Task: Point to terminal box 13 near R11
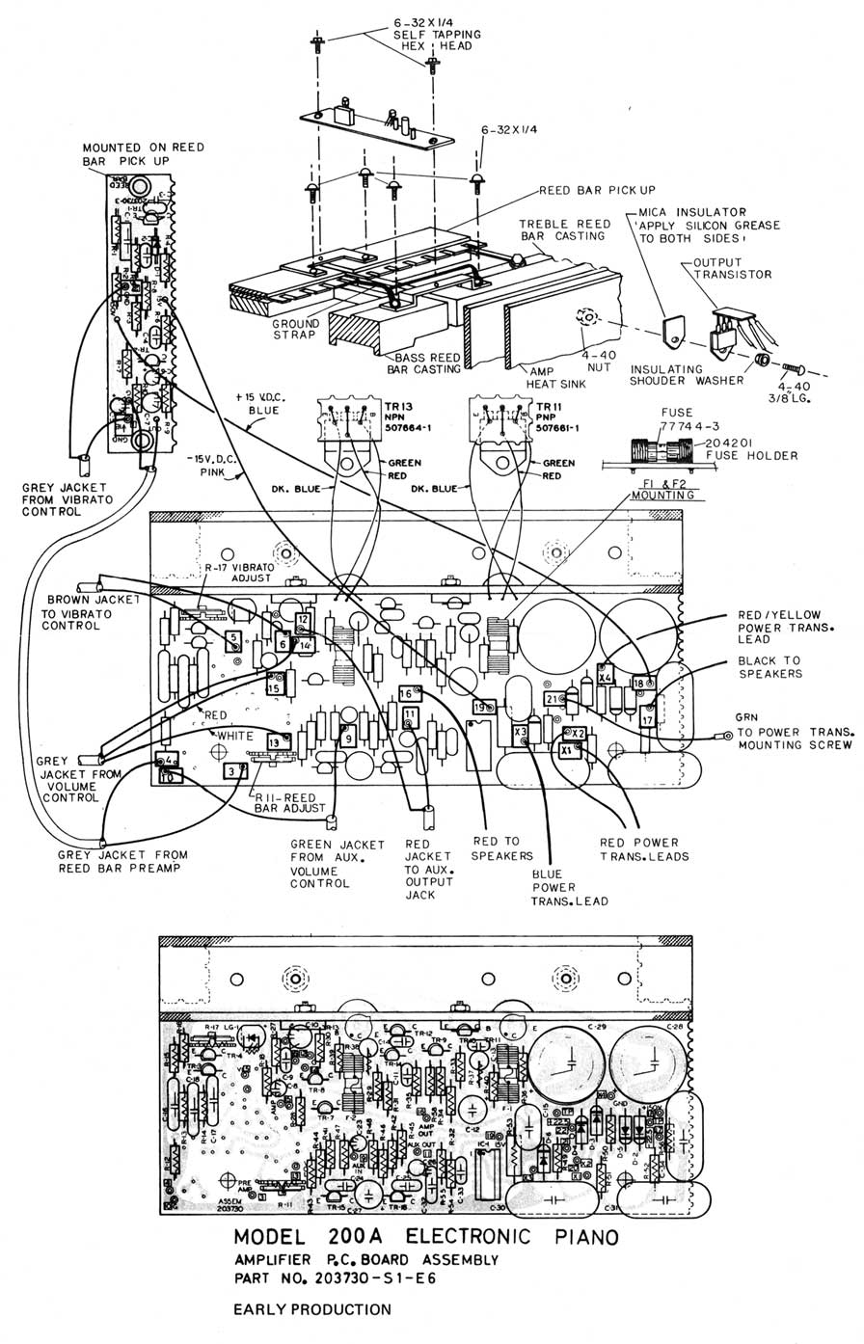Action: pos(275,741)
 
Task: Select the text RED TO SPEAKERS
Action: pos(501,848)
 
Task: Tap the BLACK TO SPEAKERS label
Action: pos(769,668)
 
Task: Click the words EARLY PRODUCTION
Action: pos(312,1309)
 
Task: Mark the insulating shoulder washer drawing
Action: pos(760,360)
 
